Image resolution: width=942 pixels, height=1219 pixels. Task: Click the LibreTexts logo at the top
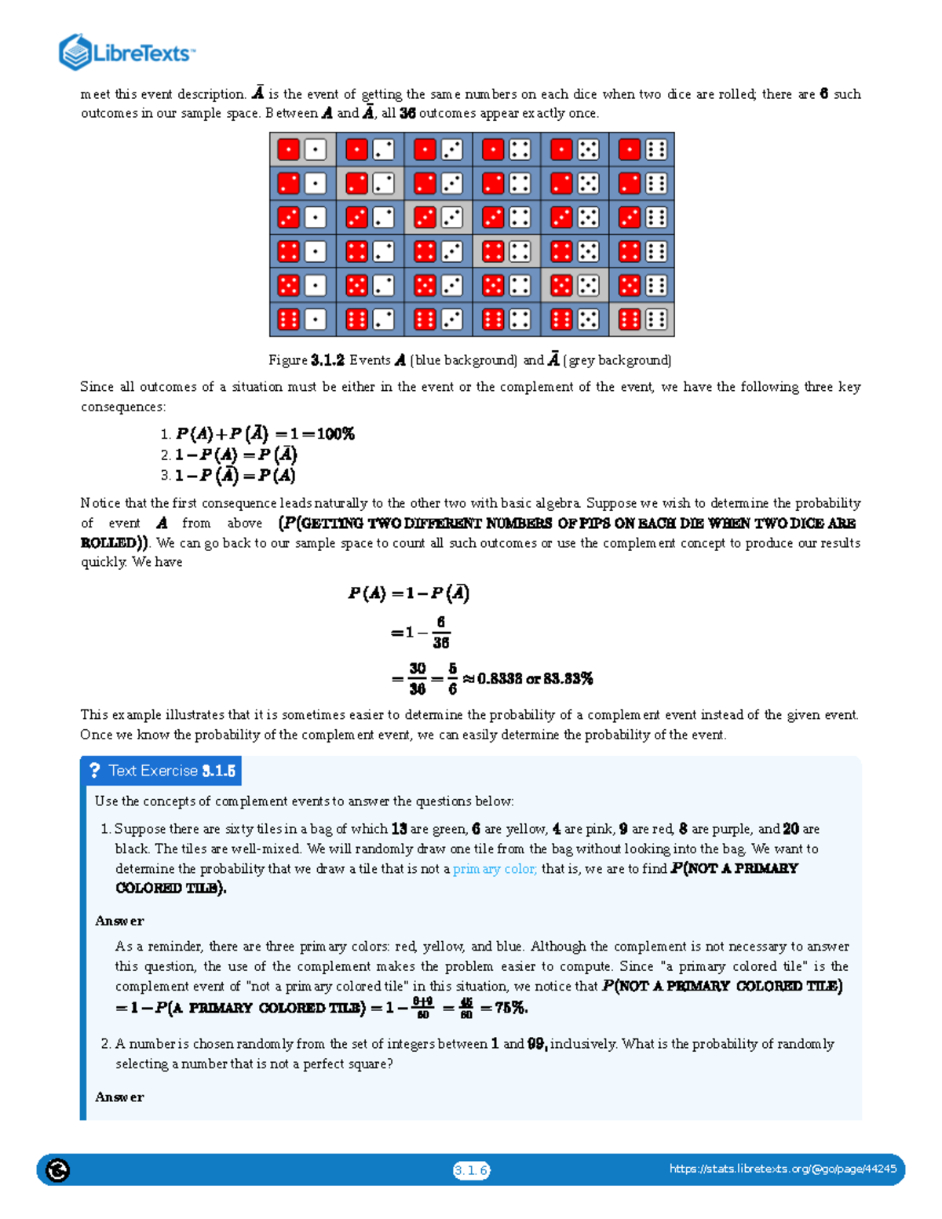coord(126,53)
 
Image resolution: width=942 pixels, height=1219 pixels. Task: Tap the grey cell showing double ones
coord(302,149)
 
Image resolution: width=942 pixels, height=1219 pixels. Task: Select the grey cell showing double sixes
coord(642,319)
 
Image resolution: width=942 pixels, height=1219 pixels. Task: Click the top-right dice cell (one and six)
coord(642,149)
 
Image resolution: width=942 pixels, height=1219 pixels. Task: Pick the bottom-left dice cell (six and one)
coord(302,319)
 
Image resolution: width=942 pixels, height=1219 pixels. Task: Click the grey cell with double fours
coord(506,251)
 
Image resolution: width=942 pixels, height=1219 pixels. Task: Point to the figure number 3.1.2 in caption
coord(327,360)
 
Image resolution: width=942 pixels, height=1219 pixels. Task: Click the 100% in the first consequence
coord(336,434)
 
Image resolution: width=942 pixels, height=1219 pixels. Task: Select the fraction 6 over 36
coord(440,633)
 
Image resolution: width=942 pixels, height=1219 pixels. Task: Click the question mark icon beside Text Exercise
coord(95,771)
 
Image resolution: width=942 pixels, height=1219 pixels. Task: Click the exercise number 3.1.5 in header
coord(218,771)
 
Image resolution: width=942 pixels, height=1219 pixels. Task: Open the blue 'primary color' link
coord(495,869)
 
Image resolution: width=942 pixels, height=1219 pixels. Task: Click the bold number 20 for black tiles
coord(790,829)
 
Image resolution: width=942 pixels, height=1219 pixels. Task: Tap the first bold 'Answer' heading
coord(119,921)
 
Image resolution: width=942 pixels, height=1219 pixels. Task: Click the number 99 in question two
coord(536,1044)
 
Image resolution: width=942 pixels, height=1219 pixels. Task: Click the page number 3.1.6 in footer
coord(471,1170)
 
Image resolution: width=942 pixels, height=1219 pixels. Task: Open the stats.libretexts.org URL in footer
coord(783,1169)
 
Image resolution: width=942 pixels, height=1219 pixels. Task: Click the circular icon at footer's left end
coord(57,1170)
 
